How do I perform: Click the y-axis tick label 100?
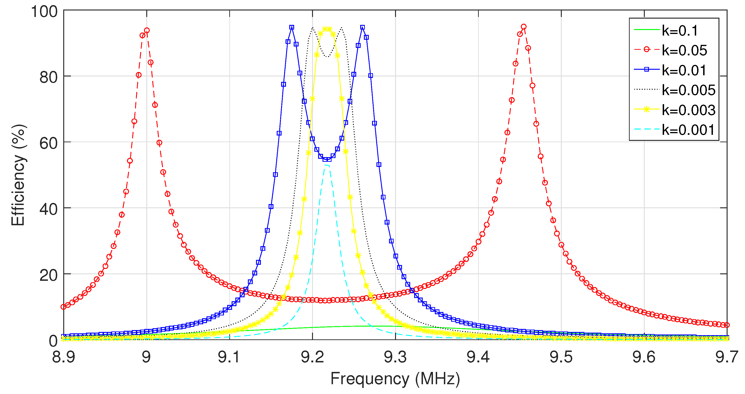(x=44, y=12)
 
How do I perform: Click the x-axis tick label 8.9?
(x=64, y=357)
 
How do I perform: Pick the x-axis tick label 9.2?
(x=312, y=357)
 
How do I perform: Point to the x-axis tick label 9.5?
(x=561, y=357)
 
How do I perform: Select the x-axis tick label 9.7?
(x=726, y=357)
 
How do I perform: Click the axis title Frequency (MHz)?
(x=395, y=379)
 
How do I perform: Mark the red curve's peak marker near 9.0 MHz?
(x=147, y=30)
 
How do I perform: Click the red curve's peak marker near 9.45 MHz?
(x=523, y=26)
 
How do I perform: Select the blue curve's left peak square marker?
(x=292, y=27)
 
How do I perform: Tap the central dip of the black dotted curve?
(x=327, y=56)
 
